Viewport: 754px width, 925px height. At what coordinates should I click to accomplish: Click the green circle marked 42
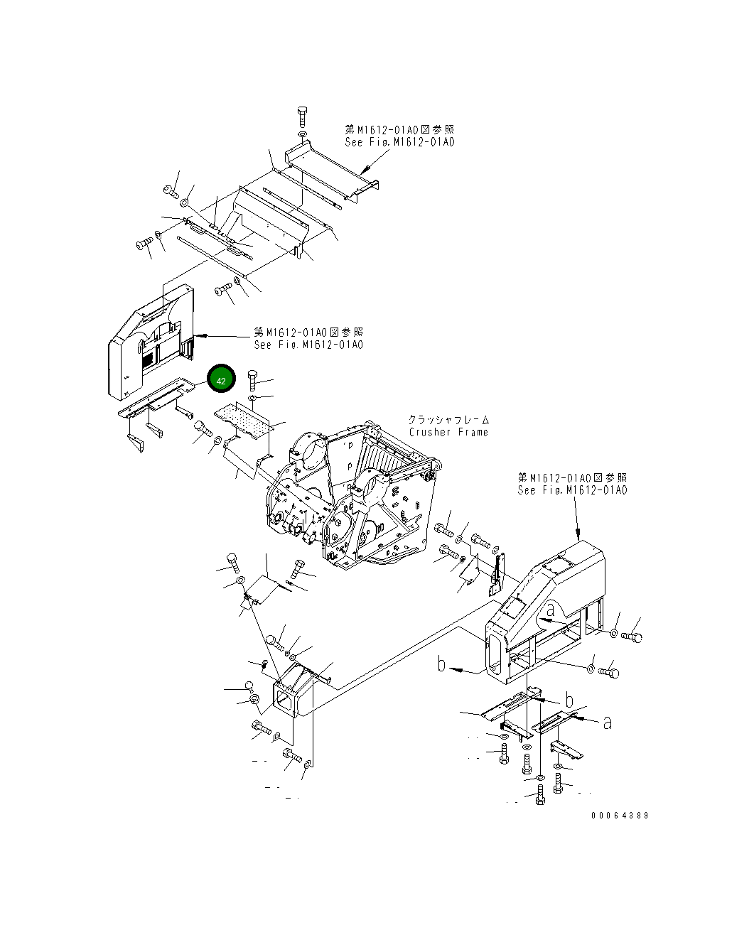point(221,380)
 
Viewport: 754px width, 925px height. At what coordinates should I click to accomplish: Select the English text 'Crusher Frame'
point(448,432)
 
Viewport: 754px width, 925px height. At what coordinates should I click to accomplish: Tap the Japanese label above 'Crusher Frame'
point(448,420)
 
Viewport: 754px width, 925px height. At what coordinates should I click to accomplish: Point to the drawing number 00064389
point(619,816)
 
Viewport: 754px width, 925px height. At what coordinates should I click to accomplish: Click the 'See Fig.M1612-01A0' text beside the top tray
point(399,142)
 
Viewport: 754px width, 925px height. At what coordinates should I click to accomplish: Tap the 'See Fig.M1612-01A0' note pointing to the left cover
point(308,345)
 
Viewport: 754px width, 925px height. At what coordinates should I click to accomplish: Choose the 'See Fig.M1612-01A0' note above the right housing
point(572,490)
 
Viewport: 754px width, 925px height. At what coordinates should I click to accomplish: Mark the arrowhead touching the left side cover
point(200,335)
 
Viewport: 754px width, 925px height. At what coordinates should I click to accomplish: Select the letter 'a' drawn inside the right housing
point(551,609)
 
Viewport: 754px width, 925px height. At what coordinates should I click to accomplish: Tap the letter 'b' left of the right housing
point(442,664)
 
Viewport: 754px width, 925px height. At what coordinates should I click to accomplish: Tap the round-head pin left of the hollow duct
point(249,686)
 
